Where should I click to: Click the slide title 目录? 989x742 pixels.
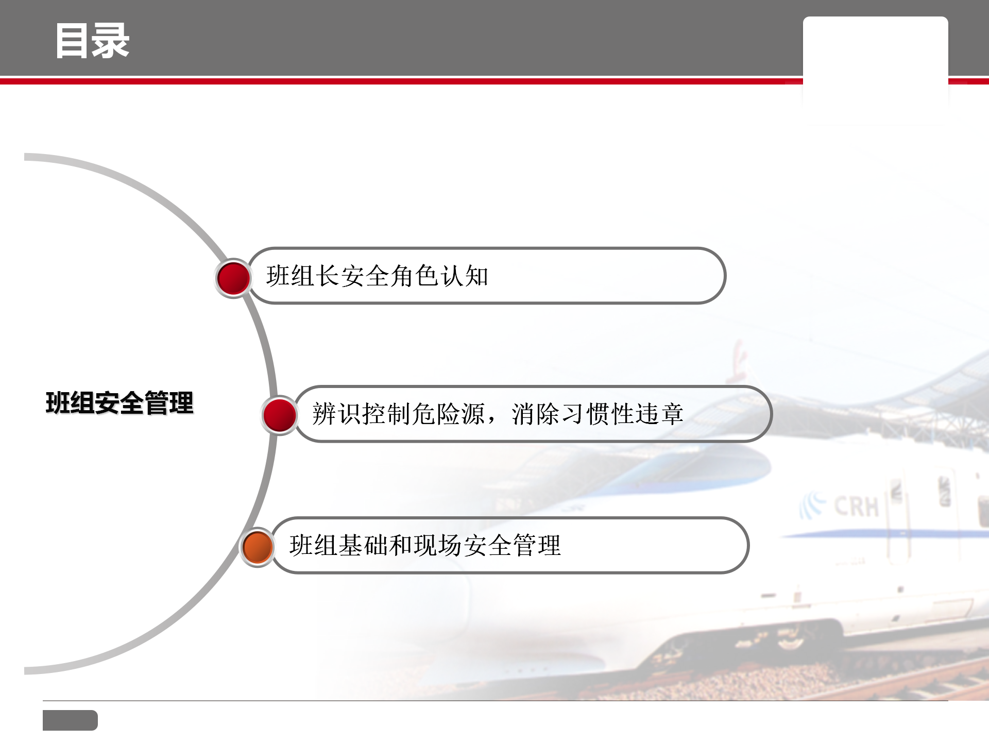(x=92, y=41)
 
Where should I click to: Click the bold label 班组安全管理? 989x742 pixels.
(x=120, y=402)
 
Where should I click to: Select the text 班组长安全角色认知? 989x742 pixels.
(x=377, y=276)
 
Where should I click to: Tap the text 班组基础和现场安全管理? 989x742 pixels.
(x=425, y=545)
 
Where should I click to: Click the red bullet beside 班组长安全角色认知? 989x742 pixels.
(x=233, y=278)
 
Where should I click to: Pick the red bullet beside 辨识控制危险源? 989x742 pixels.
(x=280, y=415)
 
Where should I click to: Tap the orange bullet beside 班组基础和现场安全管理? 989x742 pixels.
(x=257, y=547)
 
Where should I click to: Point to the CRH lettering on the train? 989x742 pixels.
(x=856, y=507)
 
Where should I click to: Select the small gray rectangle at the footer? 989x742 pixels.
(x=70, y=720)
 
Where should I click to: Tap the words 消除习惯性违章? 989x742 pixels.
(x=598, y=414)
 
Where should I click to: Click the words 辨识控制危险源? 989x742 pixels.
(x=399, y=414)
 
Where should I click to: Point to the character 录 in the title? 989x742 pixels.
(x=111, y=41)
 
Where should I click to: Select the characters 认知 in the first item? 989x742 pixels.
(x=464, y=276)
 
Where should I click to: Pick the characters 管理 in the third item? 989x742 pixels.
(x=537, y=545)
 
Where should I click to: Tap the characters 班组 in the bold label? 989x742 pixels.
(x=70, y=402)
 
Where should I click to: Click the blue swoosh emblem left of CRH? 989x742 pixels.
(x=813, y=506)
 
